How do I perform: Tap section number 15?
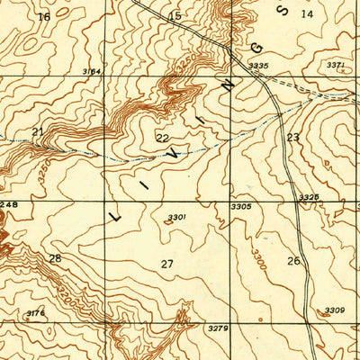[175, 16]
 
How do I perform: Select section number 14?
[307, 13]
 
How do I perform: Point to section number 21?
[37, 132]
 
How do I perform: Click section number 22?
[162, 138]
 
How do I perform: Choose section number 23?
[292, 137]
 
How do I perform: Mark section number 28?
[55, 258]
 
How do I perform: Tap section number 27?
[166, 264]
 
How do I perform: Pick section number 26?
[293, 261]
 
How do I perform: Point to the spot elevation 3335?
[258, 66]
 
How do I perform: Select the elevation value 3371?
[335, 66]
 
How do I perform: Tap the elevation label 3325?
[309, 196]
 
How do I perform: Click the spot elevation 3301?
[176, 216]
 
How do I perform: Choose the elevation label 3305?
[240, 206]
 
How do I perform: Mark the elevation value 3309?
[334, 310]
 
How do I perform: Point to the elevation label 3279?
[218, 329]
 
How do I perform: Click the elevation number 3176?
[36, 313]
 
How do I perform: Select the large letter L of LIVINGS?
[115, 216]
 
